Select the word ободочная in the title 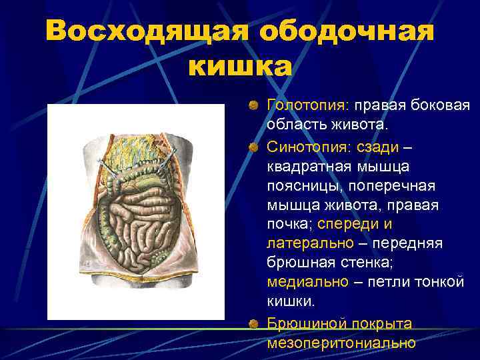point(346,33)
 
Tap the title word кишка point(240,66)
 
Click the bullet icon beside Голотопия point(254,105)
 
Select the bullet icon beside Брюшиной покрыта point(254,324)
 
